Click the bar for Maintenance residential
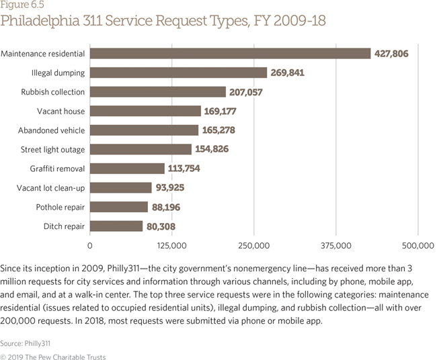(x=230, y=53)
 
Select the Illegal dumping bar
(x=178, y=73)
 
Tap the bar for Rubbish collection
(x=157, y=91)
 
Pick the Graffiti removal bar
(x=127, y=169)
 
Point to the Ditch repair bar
(x=116, y=226)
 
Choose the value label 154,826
(x=212, y=149)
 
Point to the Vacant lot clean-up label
(x=51, y=188)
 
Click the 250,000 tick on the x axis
(x=254, y=244)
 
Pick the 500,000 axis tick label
(x=418, y=244)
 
